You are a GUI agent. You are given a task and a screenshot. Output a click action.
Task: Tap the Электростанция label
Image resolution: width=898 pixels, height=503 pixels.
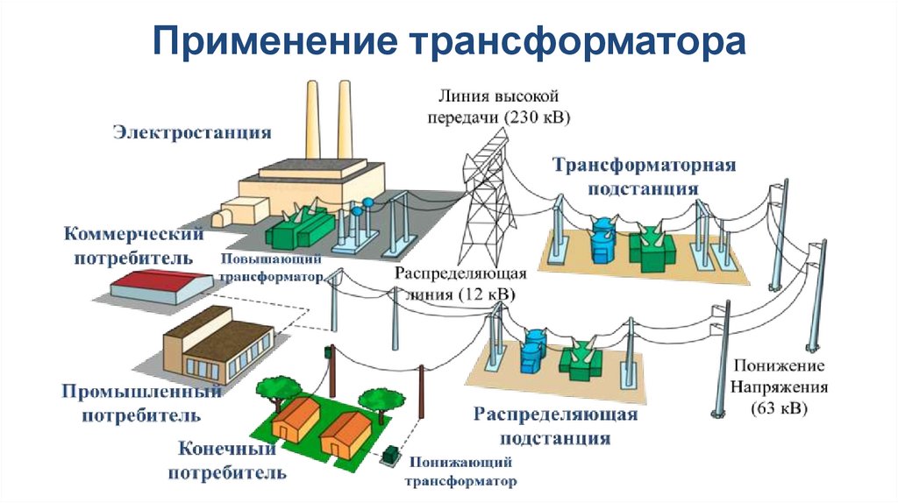pos(191,133)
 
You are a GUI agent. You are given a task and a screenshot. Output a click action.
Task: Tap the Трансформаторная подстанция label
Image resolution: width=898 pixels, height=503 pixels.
pos(643,176)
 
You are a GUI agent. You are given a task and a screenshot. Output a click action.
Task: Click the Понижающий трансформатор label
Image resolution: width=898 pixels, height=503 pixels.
pos(460,471)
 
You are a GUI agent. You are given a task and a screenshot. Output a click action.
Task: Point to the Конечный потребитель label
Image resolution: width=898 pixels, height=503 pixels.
pos(232,461)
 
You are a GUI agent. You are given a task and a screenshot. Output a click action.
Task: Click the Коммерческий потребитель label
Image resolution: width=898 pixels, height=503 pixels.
pos(133,246)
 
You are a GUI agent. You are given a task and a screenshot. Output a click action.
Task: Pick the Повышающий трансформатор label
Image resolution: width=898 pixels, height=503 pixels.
pos(271,268)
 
